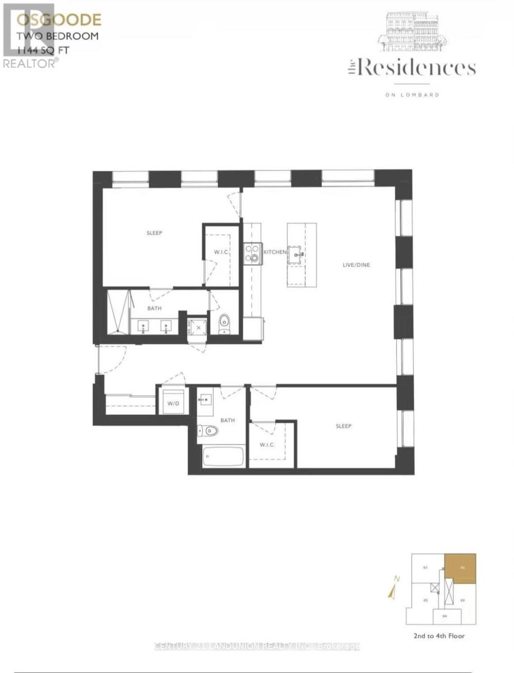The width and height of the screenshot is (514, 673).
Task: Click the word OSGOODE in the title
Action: [x=58, y=20]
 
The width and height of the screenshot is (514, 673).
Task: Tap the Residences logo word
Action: [x=418, y=68]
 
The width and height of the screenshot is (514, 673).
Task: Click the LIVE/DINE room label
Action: [x=357, y=265]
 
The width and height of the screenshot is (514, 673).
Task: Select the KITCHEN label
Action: [x=275, y=253]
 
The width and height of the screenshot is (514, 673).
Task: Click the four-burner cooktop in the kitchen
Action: [x=253, y=254]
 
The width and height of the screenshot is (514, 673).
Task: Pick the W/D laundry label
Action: [x=172, y=403]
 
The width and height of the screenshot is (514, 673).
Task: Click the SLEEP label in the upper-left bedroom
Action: [x=154, y=233]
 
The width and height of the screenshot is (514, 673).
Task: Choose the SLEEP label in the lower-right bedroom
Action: [x=344, y=426]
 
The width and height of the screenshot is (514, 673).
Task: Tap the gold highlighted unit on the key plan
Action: [x=460, y=568]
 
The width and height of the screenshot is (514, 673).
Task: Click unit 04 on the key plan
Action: [x=444, y=616]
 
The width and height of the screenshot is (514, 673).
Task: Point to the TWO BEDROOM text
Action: [x=58, y=36]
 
